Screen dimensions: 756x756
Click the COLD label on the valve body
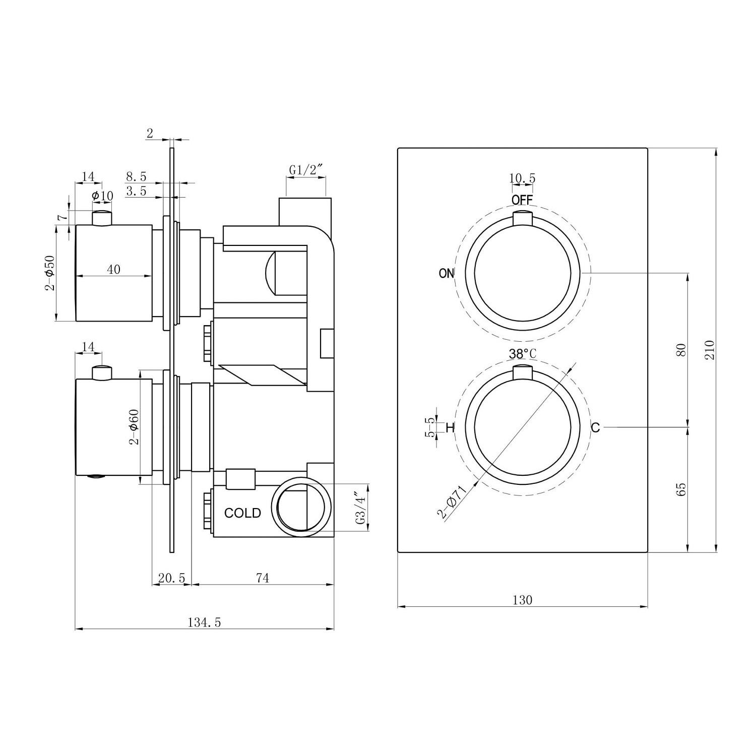(242, 513)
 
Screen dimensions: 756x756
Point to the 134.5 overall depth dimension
(205, 622)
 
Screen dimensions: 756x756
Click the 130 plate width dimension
(523, 600)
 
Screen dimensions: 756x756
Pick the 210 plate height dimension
(710, 349)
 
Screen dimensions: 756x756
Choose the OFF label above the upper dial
(522, 200)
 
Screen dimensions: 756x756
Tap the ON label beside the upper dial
(447, 273)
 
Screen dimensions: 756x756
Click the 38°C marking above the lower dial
(523, 354)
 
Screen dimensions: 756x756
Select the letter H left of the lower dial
(450, 428)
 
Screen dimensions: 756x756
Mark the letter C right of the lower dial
(595, 428)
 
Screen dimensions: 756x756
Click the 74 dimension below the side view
(263, 578)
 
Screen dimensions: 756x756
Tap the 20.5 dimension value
(172, 578)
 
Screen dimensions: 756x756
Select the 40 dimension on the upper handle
(114, 270)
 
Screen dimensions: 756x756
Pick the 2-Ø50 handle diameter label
(49, 273)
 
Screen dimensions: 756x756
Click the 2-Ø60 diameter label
(133, 426)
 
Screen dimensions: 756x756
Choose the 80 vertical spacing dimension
(681, 350)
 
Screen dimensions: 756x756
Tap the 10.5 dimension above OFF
(522, 178)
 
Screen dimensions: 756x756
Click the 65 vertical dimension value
(681, 489)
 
